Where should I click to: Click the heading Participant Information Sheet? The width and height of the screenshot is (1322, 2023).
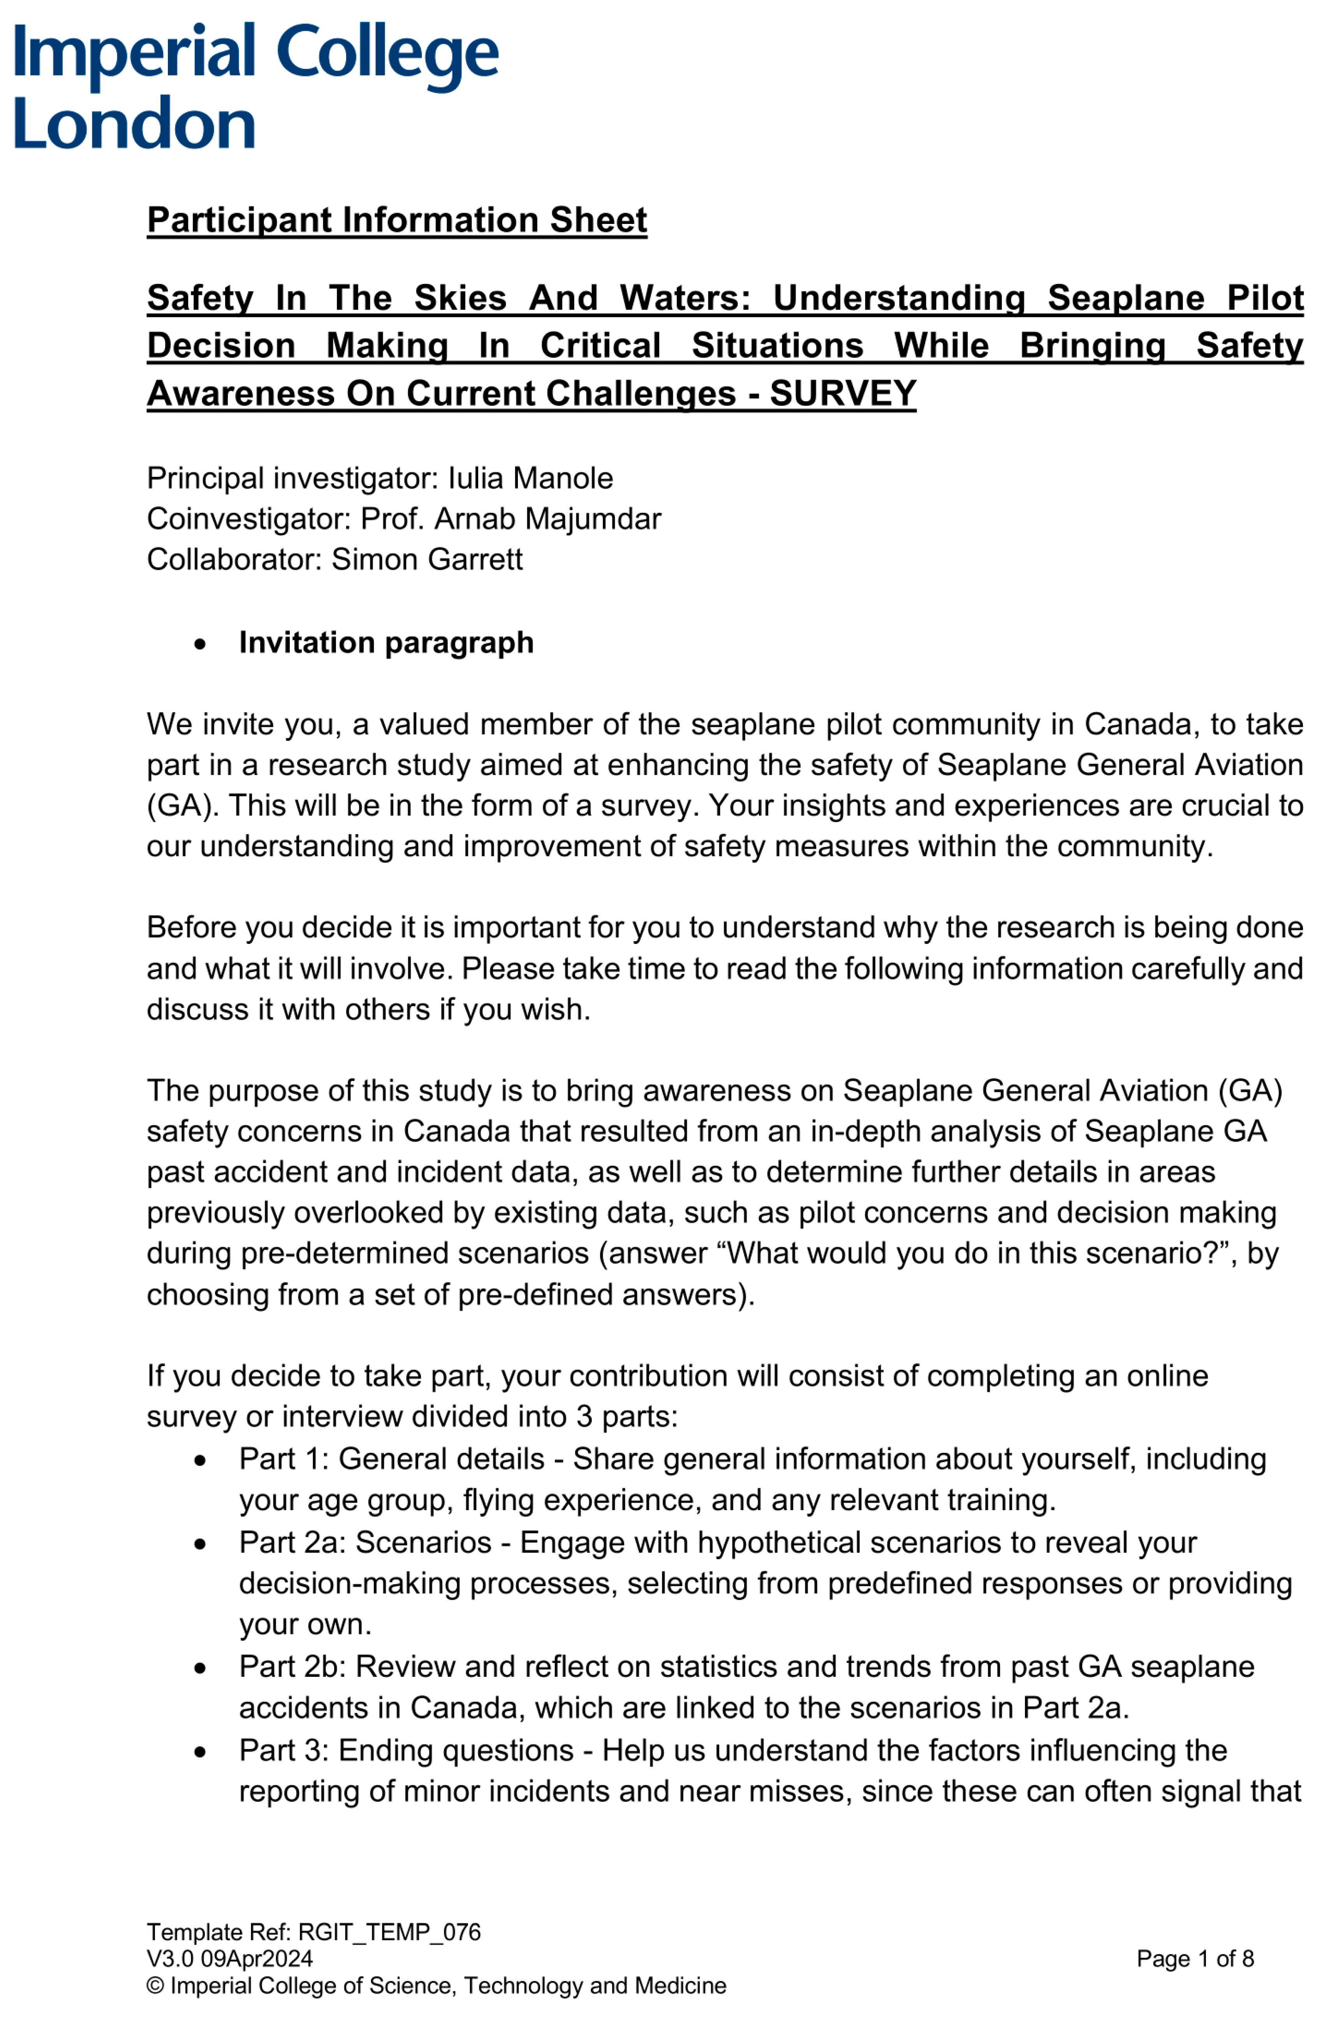click(x=397, y=220)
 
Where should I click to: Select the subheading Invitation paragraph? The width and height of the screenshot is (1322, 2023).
click(x=386, y=643)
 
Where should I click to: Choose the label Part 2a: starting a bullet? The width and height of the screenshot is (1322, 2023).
click(x=292, y=1543)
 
